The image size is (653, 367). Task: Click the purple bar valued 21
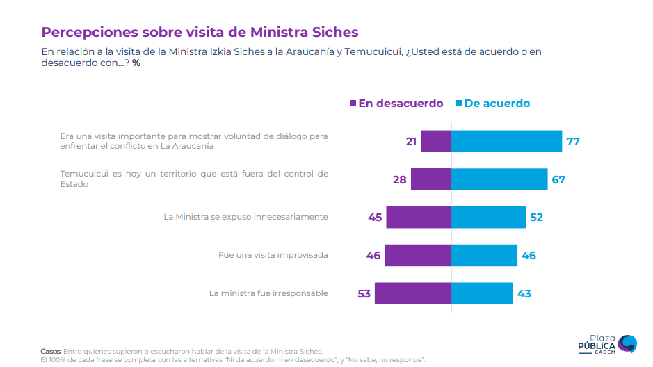click(x=436, y=141)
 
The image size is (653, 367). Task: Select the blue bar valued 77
click(x=506, y=141)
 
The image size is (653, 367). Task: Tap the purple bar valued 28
click(x=431, y=179)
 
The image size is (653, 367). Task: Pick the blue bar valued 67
click(x=499, y=179)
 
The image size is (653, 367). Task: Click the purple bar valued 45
click(x=419, y=218)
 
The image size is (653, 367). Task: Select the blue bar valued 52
click(x=488, y=218)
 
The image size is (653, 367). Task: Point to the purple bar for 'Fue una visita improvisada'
click(x=418, y=255)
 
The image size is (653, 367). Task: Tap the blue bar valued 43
click(x=482, y=293)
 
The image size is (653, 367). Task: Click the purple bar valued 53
click(x=413, y=293)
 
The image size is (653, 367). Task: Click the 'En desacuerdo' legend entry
click(x=396, y=104)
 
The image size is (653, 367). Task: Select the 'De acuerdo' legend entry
click(x=492, y=104)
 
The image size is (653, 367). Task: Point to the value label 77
click(x=573, y=141)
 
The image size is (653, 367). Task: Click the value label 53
click(x=364, y=293)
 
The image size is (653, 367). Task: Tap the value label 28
click(x=399, y=179)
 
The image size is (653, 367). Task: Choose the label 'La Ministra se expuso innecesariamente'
click(x=245, y=217)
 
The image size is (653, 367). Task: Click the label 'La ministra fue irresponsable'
click(x=268, y=293)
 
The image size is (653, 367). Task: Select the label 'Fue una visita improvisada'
click(x=273, y=255)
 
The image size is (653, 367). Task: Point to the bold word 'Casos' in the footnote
click(x=51, y=351)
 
